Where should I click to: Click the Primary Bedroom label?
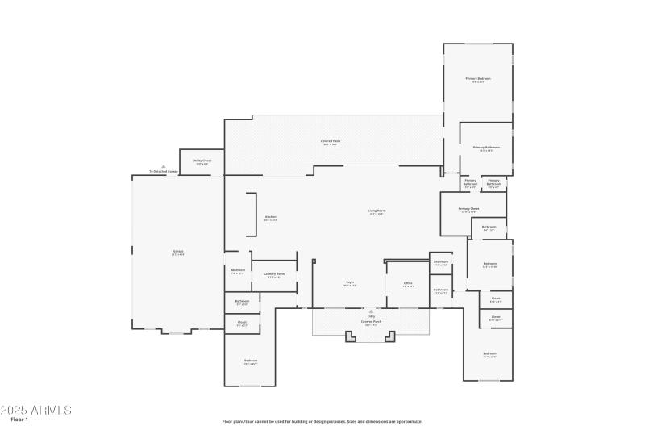pyautogui.click(x=477, y=79)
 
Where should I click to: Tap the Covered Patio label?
pyautogui.click(x=329, y=142)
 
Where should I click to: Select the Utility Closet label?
pyautogui.click(x=202, y=161)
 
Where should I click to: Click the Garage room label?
pyautogui.click(x=177, y=252)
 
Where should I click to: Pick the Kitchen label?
pyautogui.click(x=270, y=217)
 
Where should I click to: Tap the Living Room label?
pyautogui.click(x=377, y=212)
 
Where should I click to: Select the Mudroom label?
pyautogui.click(x=238, y=271)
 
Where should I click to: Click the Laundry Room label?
pyautogui.click(x=274, y=274)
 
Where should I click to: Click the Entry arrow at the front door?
pyautogui.click(x=371, y=311)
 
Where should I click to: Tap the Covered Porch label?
pyautogui.click(x=371, y=322)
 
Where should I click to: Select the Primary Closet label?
pyautogui.click(x=468, y=210)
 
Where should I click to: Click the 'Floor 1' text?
pyautogui.click(x=19, y=420)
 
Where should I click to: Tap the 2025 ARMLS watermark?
pyautogui.click(x=36, y=410)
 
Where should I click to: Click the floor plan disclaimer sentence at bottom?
pyautogui.click(x=322, y=421)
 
